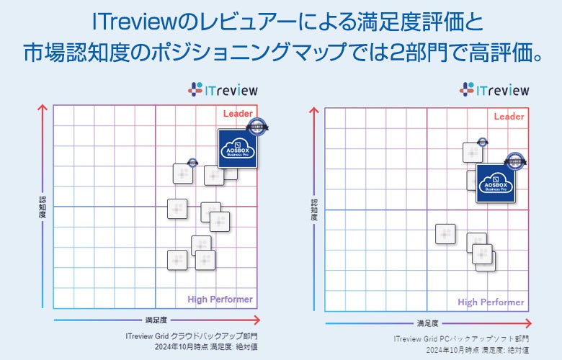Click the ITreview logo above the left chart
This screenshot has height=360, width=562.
coord(223,90)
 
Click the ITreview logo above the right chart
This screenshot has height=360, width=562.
coord(494,90)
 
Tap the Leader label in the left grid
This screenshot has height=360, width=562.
coord(238,114)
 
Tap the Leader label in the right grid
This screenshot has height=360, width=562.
coord(509,117)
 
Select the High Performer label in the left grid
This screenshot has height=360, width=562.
coord(220,300)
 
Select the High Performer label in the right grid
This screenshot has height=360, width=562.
coord(491,302)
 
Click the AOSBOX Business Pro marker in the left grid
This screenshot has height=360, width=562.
coord(238,148)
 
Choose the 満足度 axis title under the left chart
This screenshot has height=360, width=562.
coord(156,319)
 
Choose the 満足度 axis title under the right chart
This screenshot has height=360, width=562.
coord(427,323)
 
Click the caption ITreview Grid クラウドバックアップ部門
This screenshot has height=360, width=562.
coord(191,336)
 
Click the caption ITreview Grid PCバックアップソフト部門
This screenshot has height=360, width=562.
coord(461,338)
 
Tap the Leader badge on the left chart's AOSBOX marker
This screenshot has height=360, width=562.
coord(257,127)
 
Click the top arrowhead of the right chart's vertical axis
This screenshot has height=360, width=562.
coord(314,111)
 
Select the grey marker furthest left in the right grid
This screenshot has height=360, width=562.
coord(445,233)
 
